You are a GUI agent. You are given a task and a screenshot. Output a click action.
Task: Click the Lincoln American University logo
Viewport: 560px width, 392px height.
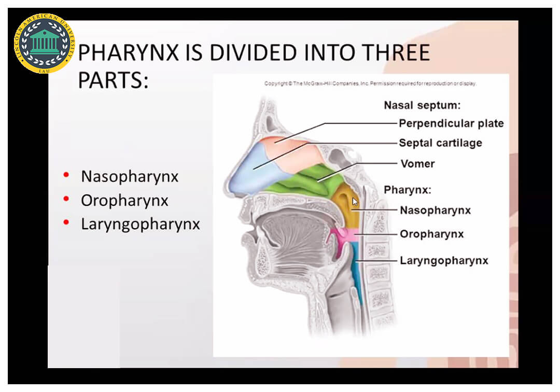pos(44,44)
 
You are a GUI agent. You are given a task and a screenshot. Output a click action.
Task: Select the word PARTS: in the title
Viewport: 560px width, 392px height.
pos(113,80)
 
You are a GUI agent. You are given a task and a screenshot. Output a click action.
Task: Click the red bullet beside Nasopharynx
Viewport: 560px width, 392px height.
pos(66,175)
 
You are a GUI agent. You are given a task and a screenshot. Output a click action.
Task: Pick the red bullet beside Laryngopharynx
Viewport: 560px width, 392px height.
pos(66,222)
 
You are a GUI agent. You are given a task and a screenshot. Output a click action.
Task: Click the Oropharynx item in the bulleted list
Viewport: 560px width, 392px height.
pos(124,201)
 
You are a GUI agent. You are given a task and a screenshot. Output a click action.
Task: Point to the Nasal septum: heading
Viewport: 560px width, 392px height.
pos(422,105)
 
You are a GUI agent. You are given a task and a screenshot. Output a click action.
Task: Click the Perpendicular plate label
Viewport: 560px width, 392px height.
pos(451,123)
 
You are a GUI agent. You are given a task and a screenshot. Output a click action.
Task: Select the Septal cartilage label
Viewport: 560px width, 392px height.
pos(440,143)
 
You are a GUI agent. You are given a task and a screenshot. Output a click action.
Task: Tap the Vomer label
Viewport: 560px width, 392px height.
pos(417,164)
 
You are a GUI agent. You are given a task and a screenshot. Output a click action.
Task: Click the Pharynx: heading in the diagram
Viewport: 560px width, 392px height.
pos(408,190)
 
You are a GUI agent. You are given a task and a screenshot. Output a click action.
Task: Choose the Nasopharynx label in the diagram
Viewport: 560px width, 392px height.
pos(436,211)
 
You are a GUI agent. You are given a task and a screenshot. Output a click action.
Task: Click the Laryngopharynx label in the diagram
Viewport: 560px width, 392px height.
pos(444,261)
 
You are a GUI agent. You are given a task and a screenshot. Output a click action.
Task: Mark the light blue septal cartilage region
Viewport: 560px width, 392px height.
pos(250,171)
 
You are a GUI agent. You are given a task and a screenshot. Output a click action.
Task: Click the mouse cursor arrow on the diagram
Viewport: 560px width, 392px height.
pos(355,202)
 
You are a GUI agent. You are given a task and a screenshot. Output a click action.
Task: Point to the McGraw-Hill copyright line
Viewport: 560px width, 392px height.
pos(370,83)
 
